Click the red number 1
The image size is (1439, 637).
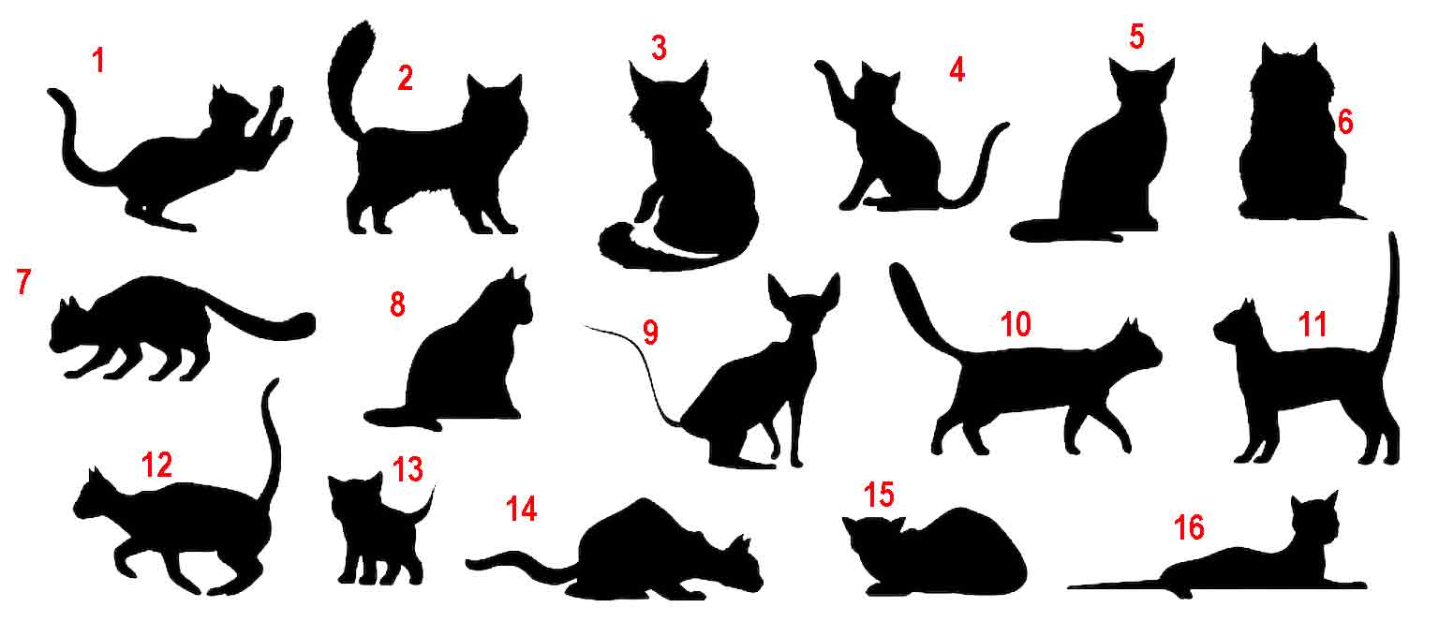tap(98, 60)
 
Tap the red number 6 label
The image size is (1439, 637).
tap(1345, 122)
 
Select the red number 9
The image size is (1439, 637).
tap(650, 332)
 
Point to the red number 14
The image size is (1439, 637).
tap(521, 510)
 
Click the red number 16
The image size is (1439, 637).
tap(1189, 527)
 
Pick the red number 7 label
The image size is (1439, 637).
tap(23, 281)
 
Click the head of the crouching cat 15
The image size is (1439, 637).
tap(874, 540)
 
